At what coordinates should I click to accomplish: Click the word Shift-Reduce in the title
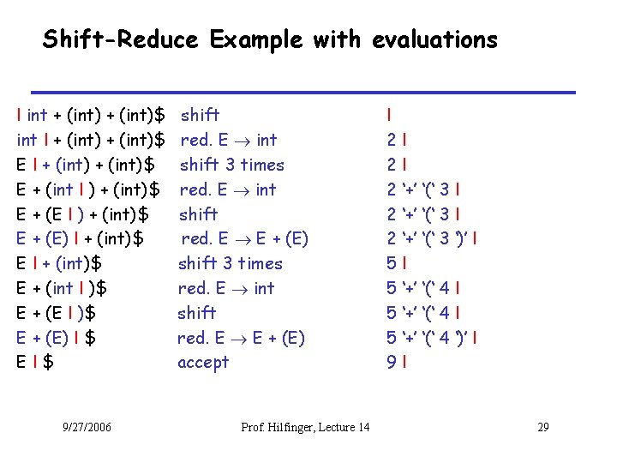point(121,39)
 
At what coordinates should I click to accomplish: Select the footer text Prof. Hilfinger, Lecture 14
point(306,428)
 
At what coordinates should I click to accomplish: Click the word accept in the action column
point(203,363)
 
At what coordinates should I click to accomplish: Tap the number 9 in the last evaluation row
point(391,363)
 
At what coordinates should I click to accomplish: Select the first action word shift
point(200,115)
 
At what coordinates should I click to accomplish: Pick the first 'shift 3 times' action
point(231,165)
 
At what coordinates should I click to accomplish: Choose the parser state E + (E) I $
point(56,338)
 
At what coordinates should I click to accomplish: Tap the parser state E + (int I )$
point(62,288)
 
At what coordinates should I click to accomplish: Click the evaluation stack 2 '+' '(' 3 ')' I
point(431,238)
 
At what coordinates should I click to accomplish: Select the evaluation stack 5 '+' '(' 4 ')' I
point(431,338)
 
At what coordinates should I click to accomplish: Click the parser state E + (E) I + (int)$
point(80,238)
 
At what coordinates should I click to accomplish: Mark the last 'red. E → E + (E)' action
point(241,338)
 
